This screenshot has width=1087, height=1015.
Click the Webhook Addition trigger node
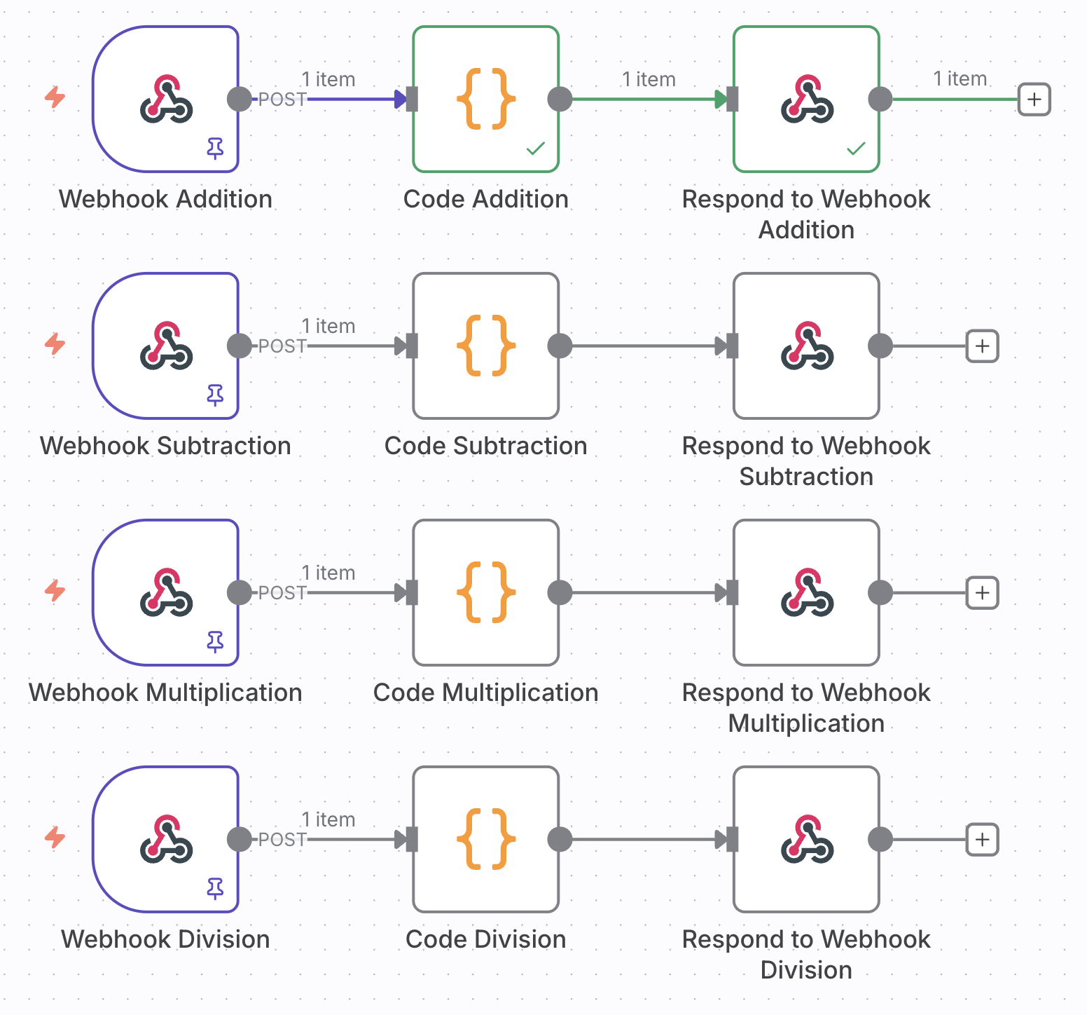(x=166, y=99)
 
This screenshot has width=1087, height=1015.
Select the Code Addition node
(x=485, y=99)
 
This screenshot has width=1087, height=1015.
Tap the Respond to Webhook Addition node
(x=806, y=99)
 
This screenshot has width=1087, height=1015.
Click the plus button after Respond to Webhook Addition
(x=1034, y=99)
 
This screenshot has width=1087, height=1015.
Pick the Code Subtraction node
(x=485, y=346)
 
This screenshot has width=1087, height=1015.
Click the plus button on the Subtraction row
(x=982, y=346)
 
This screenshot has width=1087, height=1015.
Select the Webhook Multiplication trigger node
(x=166, y=592)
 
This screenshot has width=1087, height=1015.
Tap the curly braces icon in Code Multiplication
(x=485, y=592)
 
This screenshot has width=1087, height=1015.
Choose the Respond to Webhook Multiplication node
(x=806, y=592)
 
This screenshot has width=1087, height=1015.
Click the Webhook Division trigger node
(x=166, y=839)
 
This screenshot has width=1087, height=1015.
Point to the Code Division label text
(x=485, y=939)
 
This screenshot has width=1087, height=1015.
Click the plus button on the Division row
(x=982, y=839)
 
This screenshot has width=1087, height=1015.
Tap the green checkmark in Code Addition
(x=536, y=148)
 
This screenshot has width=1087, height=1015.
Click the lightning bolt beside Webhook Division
(x=55, y=837)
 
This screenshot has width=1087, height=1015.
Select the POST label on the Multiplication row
(x=282, y=593)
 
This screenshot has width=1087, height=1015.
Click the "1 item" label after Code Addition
(x=649, y=79)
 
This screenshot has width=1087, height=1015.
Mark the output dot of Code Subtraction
(x=560, y=346)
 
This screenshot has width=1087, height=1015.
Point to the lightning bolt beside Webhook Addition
(x=55, y=97)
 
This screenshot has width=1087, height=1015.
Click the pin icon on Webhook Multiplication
(x=215, y=641)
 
